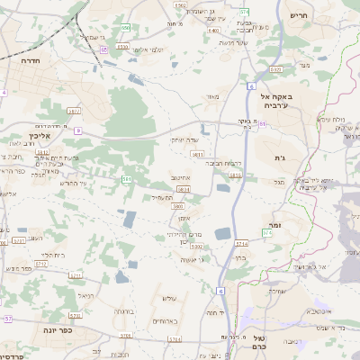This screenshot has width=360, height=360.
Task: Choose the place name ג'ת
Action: tap(279, 158)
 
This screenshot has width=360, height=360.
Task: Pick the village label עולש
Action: tap(168, 298)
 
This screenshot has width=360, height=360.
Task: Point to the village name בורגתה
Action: tap(124, 311)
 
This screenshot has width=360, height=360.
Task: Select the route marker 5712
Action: tap(41, 264)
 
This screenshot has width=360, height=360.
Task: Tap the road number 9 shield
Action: tap(78, 131)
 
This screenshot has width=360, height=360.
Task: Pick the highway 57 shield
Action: tap(8, 319)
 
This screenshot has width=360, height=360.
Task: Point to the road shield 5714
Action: tap(240, 243)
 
